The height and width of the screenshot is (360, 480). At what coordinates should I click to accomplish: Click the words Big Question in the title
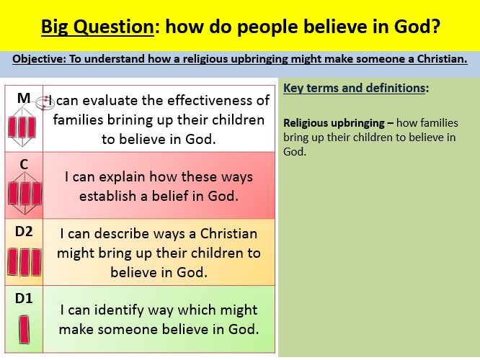point(97,27)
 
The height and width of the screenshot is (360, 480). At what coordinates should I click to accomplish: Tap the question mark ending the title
point(435,26)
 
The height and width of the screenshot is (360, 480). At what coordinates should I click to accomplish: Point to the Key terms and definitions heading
point(356,88)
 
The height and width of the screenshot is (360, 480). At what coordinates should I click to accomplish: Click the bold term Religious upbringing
point(334,123)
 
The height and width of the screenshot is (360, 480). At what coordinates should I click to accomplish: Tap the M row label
point(24,98)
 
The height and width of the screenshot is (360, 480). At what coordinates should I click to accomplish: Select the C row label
point(24,165)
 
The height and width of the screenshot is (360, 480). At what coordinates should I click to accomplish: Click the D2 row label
point(24,232)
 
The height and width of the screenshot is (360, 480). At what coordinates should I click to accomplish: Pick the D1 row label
point(24,298)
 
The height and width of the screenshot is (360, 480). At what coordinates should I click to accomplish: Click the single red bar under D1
point(25,330)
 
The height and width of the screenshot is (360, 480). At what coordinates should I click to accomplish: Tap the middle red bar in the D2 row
point(25,262)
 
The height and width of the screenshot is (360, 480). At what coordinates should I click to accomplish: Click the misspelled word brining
point(130,120)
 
